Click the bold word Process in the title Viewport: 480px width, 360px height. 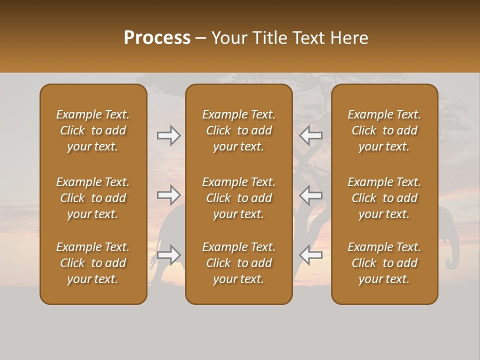(x=157, y=38)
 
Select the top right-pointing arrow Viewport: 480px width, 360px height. (x=169, y=135)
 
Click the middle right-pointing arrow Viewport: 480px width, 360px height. (x=169, y=194)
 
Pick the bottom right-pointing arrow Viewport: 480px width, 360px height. (x=169, y=254)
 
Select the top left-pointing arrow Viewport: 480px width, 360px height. (x=310, y=135)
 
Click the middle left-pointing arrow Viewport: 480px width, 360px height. (x=310, y=194)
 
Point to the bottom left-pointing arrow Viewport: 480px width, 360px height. (x=310, y=254)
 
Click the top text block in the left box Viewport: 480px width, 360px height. (x=93, y=130)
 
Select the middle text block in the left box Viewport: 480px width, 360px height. (x=93, y=198)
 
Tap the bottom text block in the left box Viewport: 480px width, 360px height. (x=93, y=263)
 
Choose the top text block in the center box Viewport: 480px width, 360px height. (x=238, y=130)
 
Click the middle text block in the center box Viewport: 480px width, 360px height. (x=238, y=198)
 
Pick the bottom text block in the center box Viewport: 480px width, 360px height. (x=238, y=263)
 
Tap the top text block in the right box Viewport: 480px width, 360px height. (x=384, y=130)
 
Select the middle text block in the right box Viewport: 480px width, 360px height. (x=384, y=198)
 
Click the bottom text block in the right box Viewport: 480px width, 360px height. (x=384, y=263)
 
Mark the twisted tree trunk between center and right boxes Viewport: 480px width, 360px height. (x=309, y=170)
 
